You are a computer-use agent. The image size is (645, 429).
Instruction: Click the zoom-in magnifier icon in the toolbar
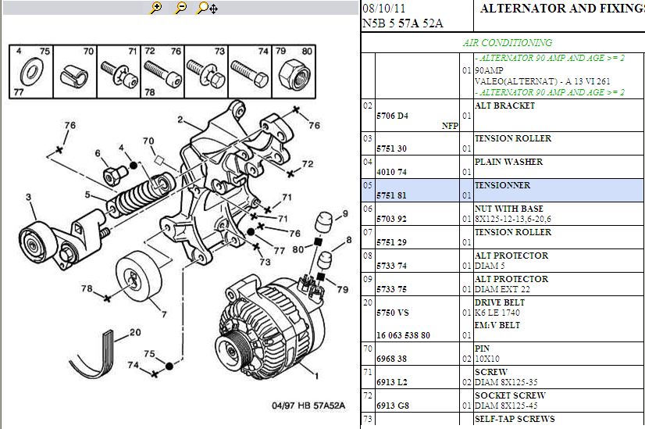pyautogui.click(x=155, y=8)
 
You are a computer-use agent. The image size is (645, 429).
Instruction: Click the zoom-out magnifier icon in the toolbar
pyautogui.click(x=180, y=8)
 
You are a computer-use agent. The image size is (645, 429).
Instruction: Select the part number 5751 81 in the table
pyautogui.click(x=392, y=195)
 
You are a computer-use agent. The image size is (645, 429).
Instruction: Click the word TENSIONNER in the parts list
pyautogui.click(x=502, y=185)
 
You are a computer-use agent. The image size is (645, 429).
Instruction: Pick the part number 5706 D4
pyautogui.click(x=392, y=116)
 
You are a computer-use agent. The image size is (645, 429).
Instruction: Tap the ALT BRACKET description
pyautogui.click(x=504, y=105)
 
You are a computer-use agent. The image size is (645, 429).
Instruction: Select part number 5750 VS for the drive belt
pyautogui.click(x=393, y=313)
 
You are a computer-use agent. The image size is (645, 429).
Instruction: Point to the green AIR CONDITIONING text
pyautogui.click(x=508, y=43)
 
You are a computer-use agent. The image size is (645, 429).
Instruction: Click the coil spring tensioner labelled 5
pyautogui.click(x=141, y=195)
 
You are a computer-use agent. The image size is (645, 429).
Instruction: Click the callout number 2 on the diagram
pyautogui.click(x=180, y=120)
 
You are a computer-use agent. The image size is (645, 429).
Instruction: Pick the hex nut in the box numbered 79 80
pyautogui.click(x=291, y=75)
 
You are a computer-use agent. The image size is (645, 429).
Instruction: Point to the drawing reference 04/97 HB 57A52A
pyautogui.click(x=307, y=406)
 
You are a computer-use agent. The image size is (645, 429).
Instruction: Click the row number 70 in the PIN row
pyautogui.click(x=368, y=349)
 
